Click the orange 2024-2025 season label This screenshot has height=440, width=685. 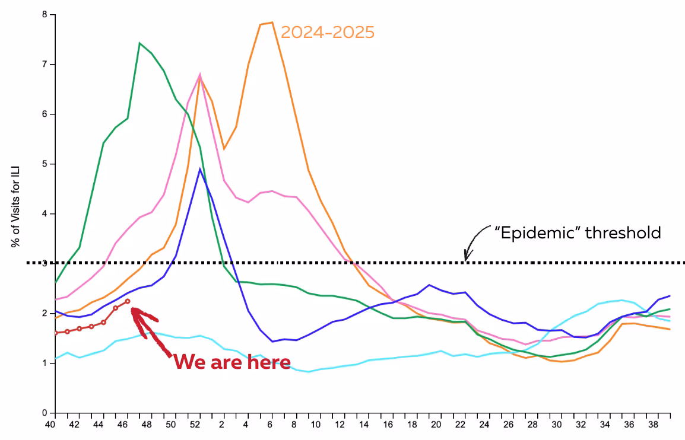click(x=327, y=32)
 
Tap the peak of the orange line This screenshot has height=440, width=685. click(x=271, y=23)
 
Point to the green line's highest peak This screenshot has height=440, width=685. click(x=139, y=43)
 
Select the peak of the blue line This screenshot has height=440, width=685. click(x=200, y=169)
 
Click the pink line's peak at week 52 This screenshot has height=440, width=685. click(x=200, y=75)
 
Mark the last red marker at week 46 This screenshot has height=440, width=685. click(x=128, y=301)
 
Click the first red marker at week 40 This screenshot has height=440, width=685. click(x=55, y=333)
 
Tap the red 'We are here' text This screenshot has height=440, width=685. click(x=232, y=362)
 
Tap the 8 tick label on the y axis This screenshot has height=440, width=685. click(x=44, y=14)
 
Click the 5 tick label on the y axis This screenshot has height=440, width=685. click(x=44, y=164)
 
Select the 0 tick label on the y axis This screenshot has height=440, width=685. click(x=44, y=413)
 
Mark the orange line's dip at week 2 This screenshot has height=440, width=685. click(x=224, y=149)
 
